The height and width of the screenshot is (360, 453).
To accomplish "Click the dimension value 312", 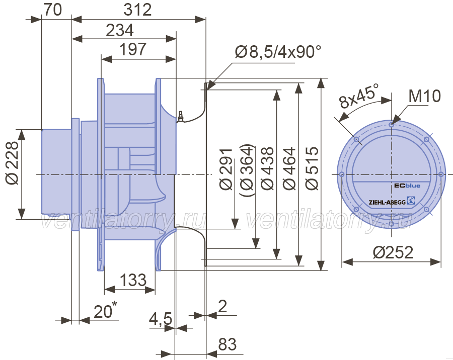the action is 137,10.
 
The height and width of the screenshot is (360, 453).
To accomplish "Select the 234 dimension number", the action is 120,30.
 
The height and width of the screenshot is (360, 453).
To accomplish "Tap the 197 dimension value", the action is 133,49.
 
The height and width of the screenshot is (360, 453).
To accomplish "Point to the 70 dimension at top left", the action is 52,10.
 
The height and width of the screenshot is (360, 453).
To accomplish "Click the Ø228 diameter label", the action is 12,162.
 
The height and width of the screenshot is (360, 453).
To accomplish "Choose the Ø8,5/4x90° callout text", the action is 278,52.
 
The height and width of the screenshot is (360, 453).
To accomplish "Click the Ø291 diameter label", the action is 226,169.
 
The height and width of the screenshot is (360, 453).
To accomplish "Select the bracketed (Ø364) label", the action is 247,170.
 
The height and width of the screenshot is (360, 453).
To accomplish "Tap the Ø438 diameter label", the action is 268,168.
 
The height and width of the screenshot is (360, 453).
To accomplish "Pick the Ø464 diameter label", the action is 289,168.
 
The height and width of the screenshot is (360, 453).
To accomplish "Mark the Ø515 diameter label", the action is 312,168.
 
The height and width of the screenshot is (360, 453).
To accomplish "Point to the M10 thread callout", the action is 425,96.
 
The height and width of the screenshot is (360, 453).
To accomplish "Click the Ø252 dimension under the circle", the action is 393,252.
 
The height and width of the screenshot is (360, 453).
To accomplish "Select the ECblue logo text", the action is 407,186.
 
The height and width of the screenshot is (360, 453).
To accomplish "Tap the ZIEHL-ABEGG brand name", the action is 387,202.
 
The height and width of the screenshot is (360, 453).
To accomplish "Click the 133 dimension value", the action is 133,280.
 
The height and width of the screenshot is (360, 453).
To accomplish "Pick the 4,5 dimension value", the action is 161,319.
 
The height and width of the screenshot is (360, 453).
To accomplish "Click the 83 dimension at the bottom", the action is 228,344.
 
